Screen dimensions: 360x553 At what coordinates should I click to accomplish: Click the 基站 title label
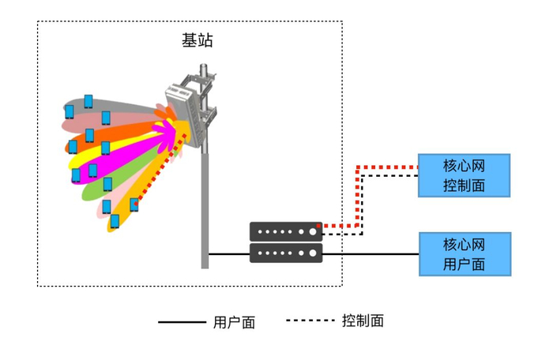[x=197, y=41]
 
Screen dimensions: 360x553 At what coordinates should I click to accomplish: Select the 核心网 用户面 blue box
[x=465, y=253]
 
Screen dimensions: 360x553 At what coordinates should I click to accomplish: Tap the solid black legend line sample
[x=181, y=322]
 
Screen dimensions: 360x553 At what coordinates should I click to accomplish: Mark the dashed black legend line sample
[x=309, y=321]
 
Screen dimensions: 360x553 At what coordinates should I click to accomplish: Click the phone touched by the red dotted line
[x=134, y=204]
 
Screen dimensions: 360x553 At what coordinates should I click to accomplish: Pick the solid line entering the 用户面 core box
[x=387, y=254]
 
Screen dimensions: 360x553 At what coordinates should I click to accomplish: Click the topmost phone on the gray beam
[x=88, y=100]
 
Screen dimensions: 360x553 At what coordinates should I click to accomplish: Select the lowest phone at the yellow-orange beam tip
[x=115, y=221]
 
